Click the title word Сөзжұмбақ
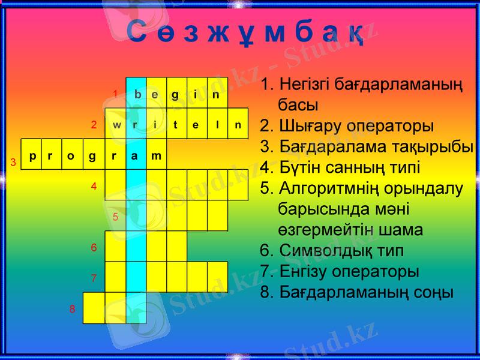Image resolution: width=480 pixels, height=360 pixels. pos(245,34)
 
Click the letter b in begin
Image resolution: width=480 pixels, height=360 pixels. pos(137,94)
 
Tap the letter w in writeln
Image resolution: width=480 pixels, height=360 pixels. pos(116,125)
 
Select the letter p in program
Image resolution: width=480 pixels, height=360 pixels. pos(32,156)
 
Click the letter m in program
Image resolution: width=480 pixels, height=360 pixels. pos(156,156)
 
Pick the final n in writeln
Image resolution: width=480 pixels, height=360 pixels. pos(238,125)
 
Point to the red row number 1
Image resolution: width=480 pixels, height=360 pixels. pos(116,94)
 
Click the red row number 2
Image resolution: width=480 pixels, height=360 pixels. pos(94,125)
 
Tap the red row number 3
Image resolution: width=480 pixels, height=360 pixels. pos(13,163)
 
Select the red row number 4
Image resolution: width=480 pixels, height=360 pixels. pos(94,186)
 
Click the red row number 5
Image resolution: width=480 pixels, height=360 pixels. pos(116,217)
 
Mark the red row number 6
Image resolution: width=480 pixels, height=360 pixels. pos(94,247)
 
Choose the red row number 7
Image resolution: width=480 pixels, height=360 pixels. pos(94,278)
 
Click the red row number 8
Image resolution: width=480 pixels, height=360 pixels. pos(72,310)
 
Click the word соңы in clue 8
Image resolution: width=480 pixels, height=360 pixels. pos(433,292)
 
